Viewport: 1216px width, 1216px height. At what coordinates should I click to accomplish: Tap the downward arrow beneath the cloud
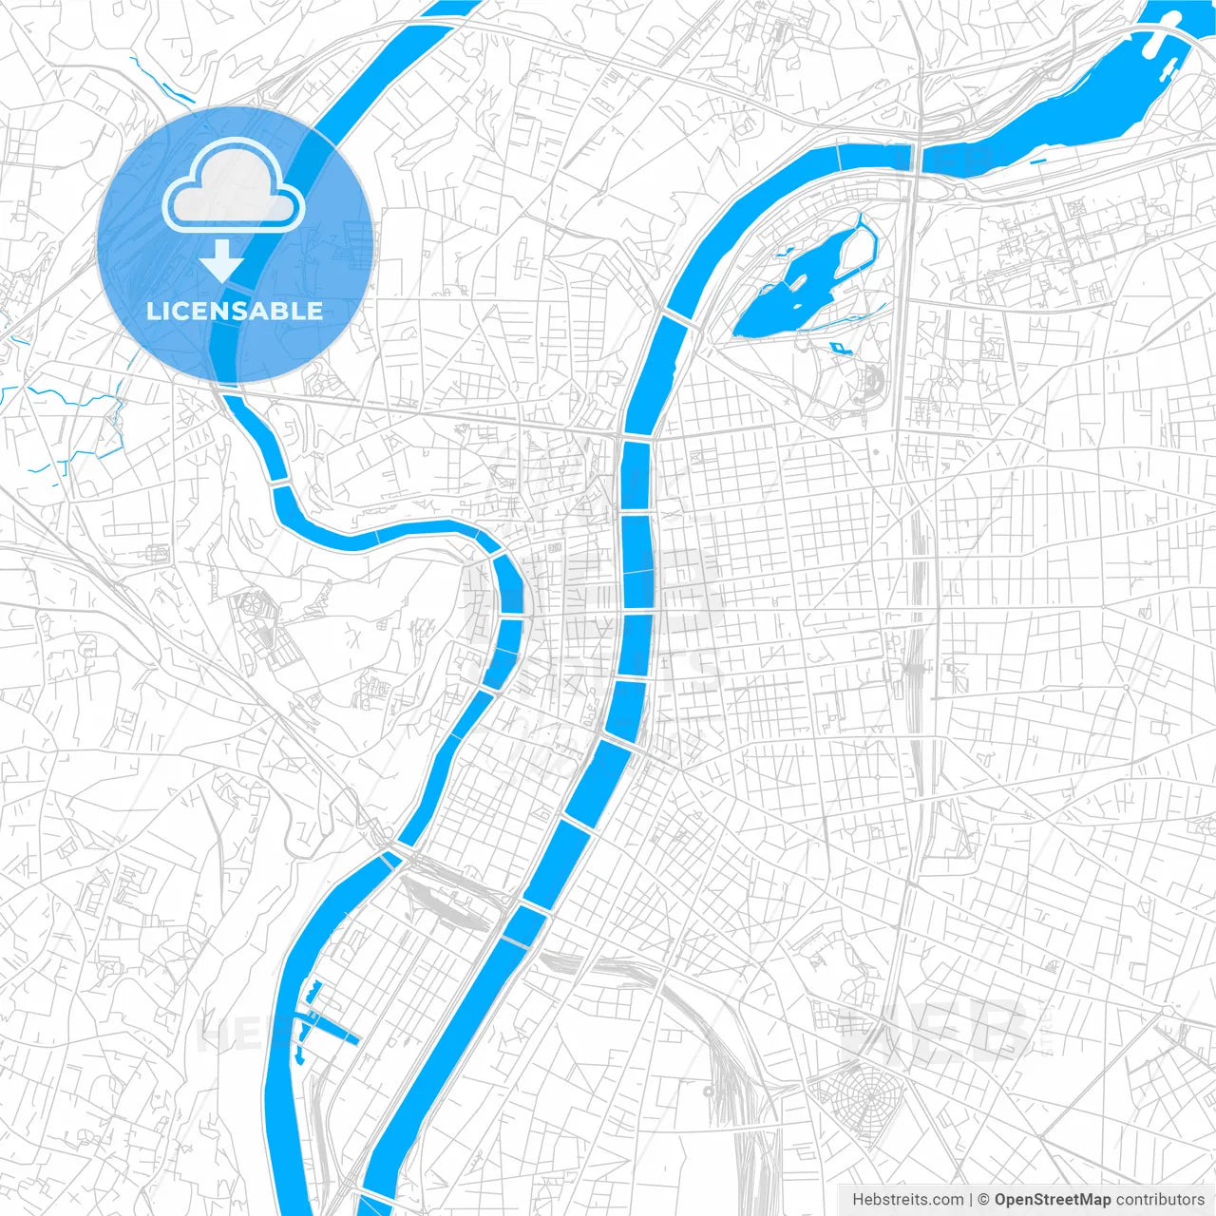(222, 260)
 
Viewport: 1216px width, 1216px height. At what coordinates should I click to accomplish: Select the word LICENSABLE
(234, 311)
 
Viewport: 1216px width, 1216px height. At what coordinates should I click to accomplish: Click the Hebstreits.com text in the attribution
(907, 1200)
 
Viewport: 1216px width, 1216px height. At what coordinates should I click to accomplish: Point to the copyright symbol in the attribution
(984, 1200)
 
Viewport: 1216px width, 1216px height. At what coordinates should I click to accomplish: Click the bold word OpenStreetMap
(1053, 1200)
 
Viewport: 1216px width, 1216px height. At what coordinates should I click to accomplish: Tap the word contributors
(1160, 1200)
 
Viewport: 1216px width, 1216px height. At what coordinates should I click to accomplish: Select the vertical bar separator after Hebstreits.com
(971, 1200)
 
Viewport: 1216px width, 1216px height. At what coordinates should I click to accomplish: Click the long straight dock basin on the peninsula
(332, 1030)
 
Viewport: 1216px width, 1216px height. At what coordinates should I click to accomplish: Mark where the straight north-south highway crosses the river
(917, 157)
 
